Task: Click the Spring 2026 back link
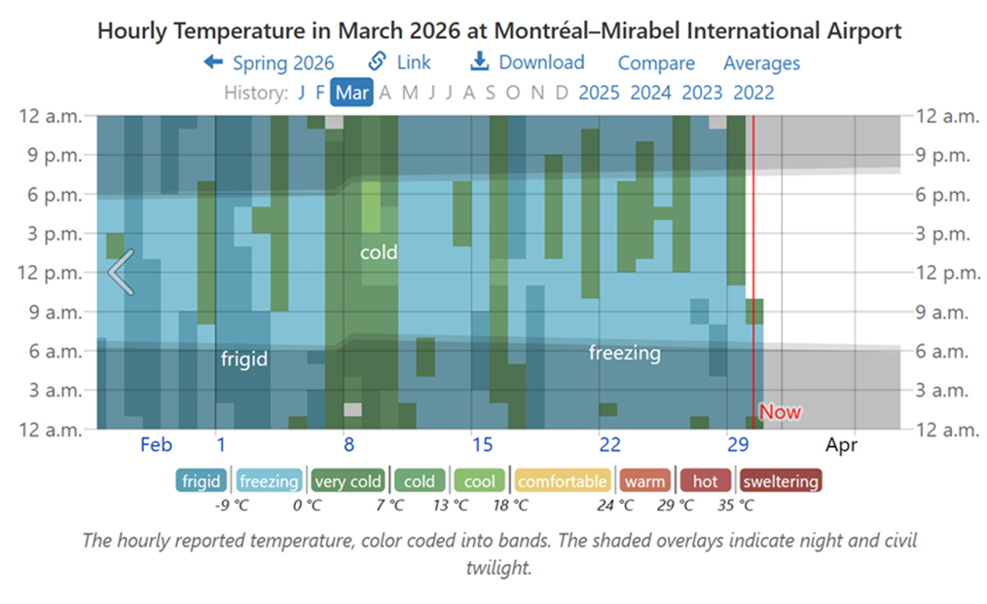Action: point(269,63)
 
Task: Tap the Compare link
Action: point(656,63)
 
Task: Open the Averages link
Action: point(761,63)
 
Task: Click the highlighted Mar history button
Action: point(351,94)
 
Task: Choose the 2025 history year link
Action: point(599,94)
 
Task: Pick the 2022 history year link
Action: point(753,94)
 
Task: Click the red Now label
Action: point(780,412)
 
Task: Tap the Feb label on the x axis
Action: point(156,445)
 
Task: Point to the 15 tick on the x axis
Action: point(483,445)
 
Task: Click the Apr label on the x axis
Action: point(841,445)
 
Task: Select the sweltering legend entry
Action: point(780,481)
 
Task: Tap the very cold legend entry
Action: point(348,481)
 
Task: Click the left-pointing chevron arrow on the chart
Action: point(121,272)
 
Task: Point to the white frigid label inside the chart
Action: point(243,359)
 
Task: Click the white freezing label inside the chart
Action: point(624,353)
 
